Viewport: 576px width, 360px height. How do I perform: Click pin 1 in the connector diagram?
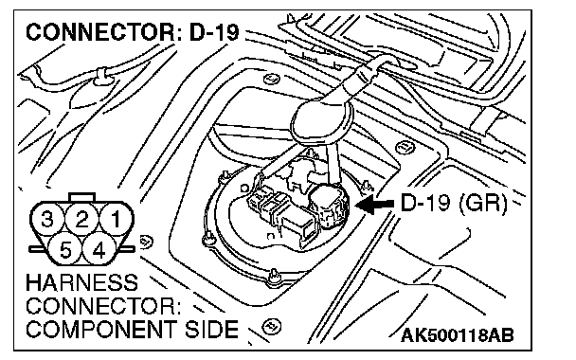117,219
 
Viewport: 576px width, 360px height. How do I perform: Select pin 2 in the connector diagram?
81,219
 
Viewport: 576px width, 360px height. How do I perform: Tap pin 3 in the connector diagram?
47,219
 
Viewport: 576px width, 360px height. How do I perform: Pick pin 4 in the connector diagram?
99,250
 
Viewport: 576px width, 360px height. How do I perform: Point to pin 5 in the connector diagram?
65,250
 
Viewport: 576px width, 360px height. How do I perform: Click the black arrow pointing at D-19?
375,204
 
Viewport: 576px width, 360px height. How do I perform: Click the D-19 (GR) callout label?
454,203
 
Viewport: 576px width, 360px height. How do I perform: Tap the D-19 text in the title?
214,32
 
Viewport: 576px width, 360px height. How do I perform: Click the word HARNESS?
81,283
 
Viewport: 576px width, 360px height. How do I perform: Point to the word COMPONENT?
101,329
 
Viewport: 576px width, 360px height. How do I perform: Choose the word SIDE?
211,329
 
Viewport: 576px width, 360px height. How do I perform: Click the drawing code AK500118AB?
458,335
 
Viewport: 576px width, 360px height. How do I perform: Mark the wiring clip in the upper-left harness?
101,77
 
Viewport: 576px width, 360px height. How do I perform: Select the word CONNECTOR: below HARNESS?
103,306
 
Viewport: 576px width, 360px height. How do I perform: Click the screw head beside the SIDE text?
272,326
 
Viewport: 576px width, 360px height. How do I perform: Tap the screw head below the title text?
272,79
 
